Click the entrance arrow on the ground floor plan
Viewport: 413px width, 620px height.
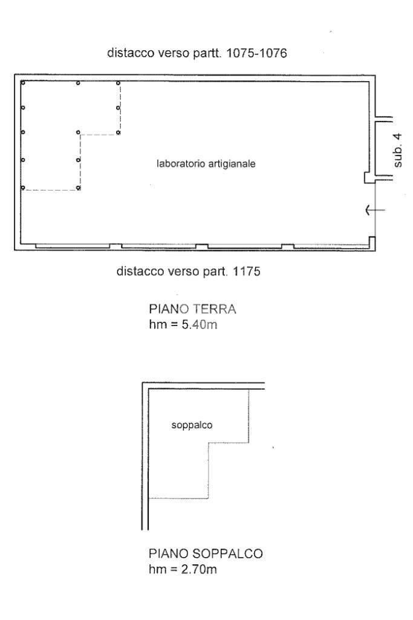pos(375,210)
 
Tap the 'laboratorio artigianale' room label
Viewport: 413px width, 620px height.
pos(206,163)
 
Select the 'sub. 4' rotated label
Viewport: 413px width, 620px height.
pos(398,150)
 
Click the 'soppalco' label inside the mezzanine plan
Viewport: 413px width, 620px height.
pos(192,425)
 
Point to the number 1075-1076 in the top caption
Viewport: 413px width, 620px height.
pos(256,53)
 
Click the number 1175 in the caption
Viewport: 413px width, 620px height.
pos(247,271)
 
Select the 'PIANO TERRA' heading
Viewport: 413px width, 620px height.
pos(192,309)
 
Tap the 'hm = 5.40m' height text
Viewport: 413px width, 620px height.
pos(183,325)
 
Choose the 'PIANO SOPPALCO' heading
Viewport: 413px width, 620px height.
pos(206,553)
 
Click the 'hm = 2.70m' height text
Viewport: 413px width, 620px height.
pos(183,569)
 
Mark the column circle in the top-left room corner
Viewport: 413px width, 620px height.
pos(23,83)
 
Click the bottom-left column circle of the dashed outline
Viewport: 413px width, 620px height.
pos(23,188)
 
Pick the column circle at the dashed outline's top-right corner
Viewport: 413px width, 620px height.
pos(118,83)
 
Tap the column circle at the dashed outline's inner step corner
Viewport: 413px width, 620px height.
pos(78,132)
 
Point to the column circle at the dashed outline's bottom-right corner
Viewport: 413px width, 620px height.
pos(78,188)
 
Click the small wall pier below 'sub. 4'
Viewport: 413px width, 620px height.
pos(369,178)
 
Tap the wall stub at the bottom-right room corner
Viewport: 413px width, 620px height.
pos(371,242)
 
